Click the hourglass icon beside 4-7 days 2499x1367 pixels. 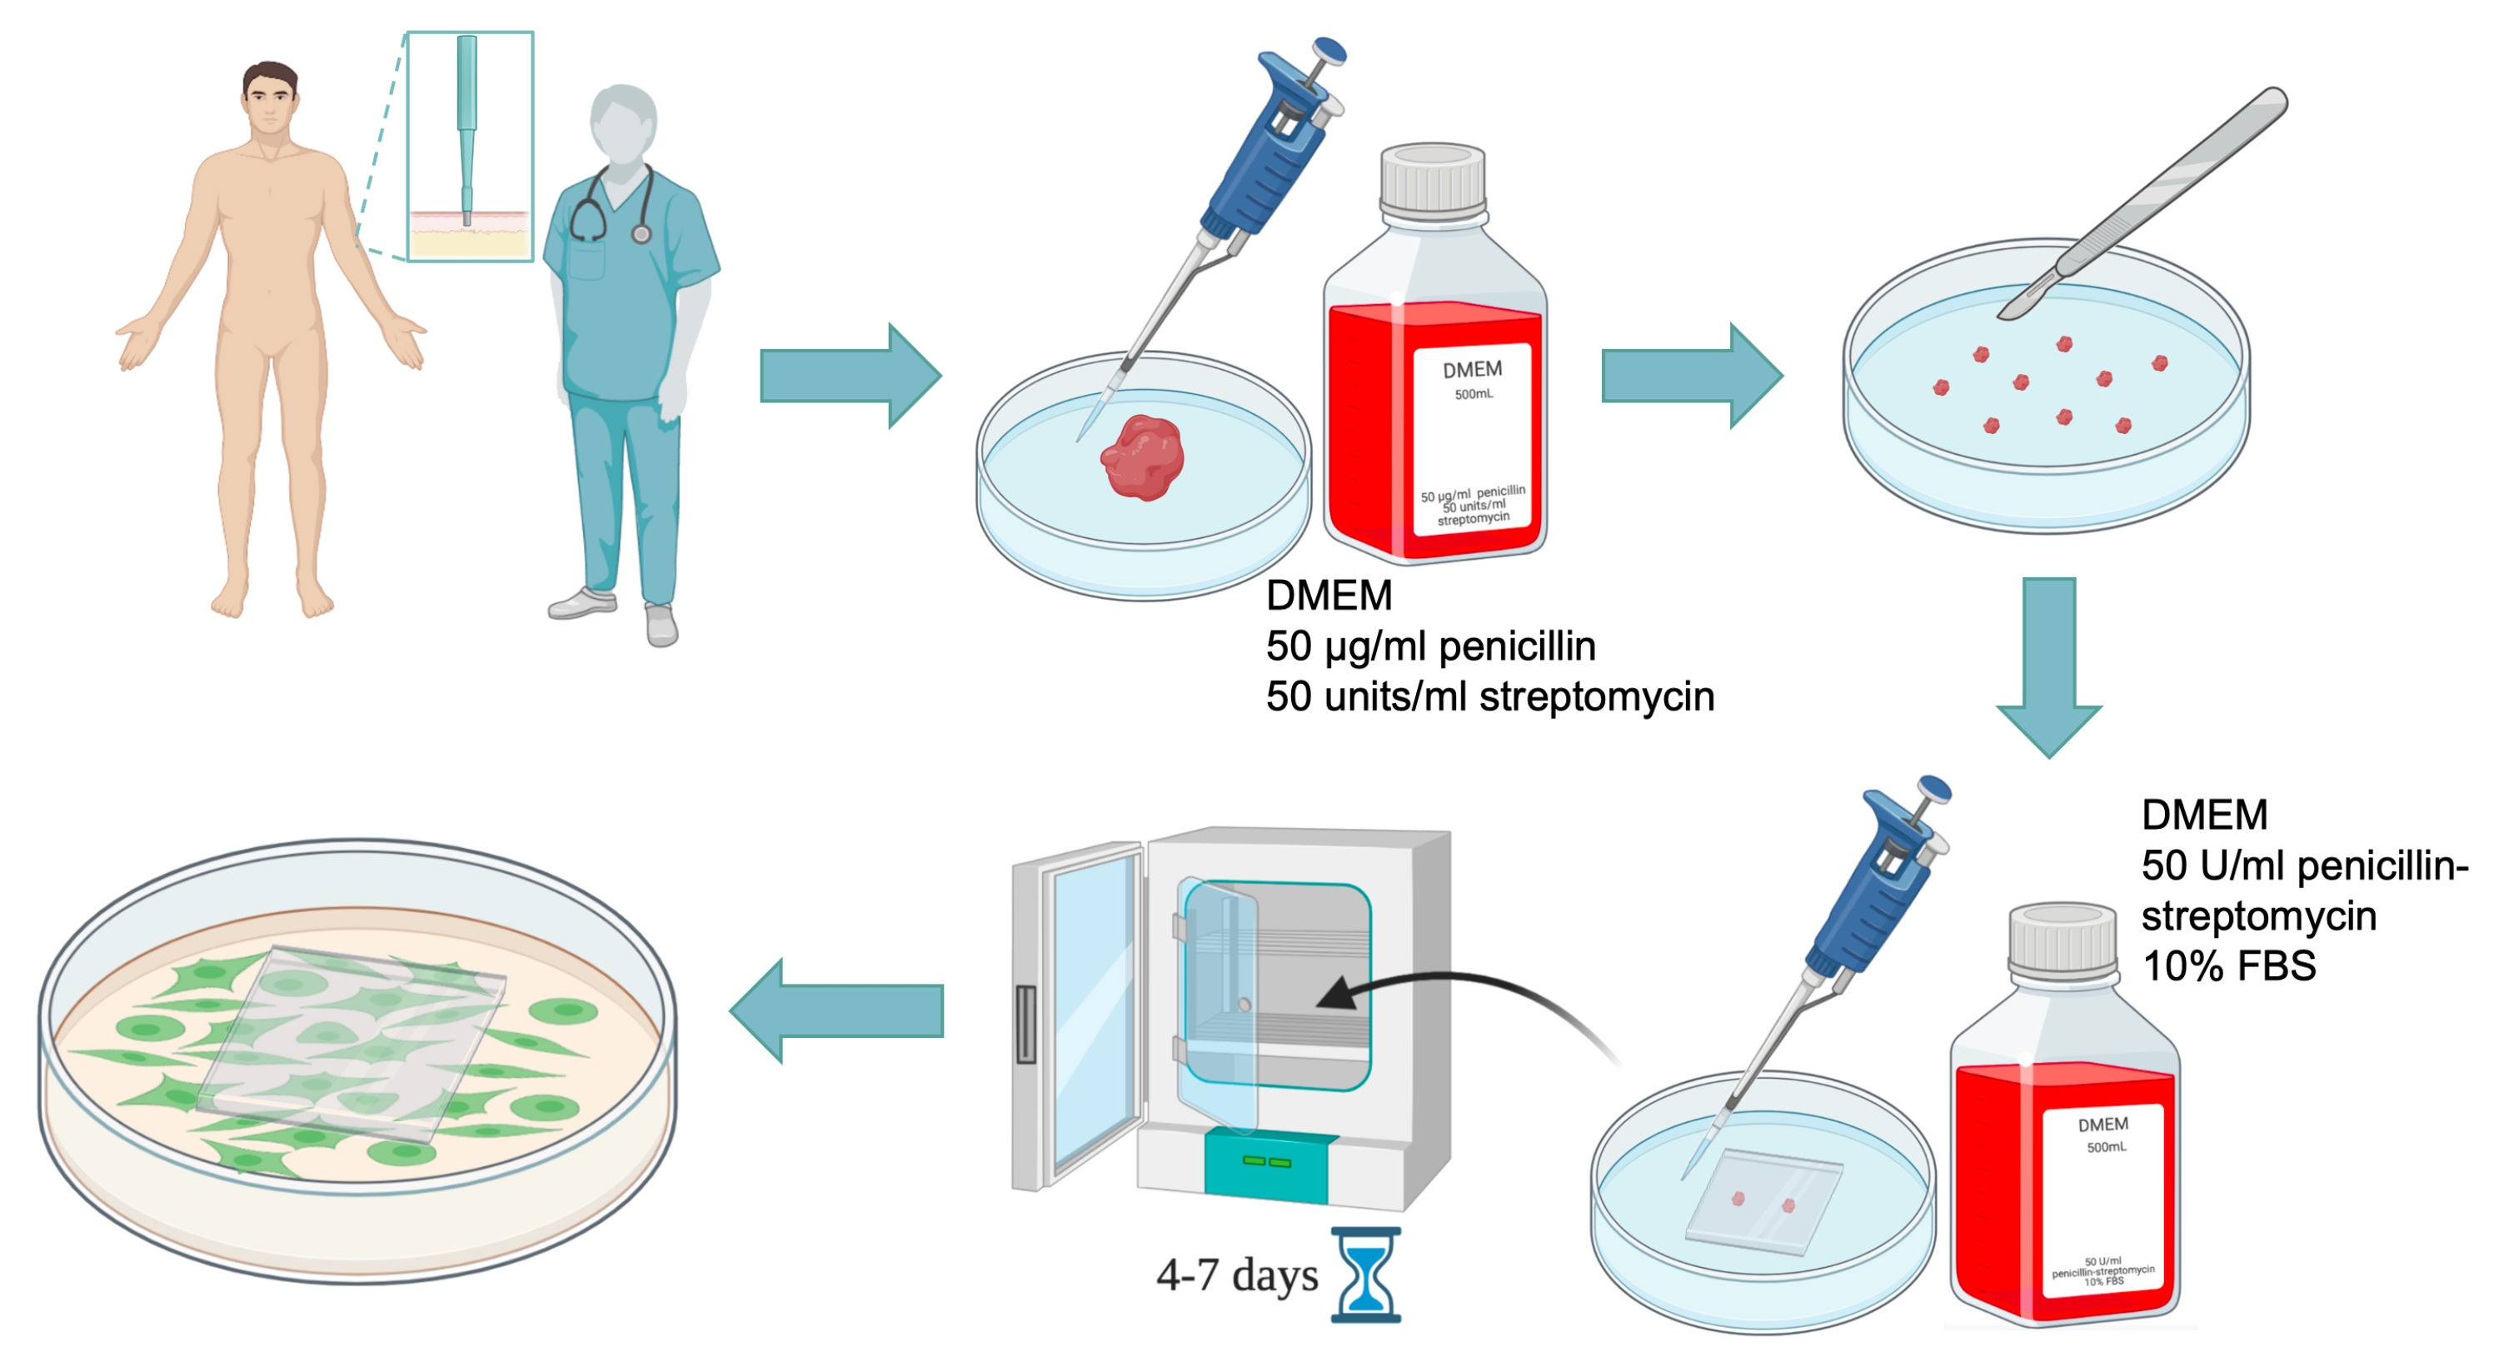[x=1366, y=1274]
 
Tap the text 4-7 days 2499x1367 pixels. [x=1237, y=1275]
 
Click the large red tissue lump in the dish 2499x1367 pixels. [x=1143, y=457]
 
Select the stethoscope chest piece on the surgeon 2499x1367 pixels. [x=641, y=234]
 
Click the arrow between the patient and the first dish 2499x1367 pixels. [x=850, y=376]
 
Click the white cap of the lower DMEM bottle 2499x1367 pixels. [x=2062, y=939]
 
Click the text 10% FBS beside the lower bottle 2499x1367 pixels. [x=2228, y=966]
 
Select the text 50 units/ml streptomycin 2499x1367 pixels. [x=1489, y=696]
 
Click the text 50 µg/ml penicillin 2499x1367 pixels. [x=1430, y=646]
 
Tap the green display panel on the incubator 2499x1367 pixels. [x=1266, y=1161]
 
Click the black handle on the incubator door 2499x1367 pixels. [x=1025, y=1024]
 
